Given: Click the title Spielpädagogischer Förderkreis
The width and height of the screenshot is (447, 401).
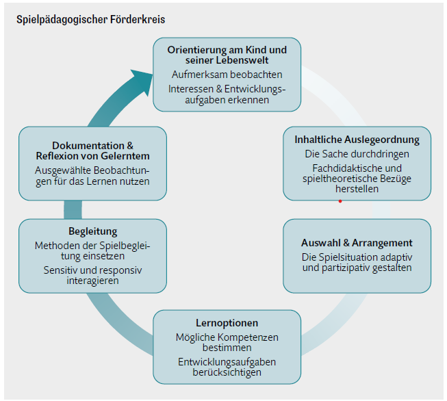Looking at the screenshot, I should (90, 19).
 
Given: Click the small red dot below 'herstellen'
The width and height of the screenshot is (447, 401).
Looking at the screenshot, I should (340, 201).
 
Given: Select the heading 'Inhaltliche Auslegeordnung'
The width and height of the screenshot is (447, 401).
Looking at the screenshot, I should (357, 140).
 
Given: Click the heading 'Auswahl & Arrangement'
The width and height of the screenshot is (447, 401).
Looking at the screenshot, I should (357, 243).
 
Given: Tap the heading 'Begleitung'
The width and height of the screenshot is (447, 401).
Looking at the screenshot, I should (92, 231).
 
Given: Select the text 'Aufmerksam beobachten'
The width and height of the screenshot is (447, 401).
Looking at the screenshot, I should (227, 75).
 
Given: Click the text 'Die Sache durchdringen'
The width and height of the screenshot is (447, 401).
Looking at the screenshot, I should (357, 153).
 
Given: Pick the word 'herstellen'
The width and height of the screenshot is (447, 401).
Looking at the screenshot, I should (357, 189).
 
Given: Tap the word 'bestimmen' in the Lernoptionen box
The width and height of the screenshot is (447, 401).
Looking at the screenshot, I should (227, 348).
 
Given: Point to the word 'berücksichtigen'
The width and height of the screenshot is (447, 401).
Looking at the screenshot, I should (227, 372).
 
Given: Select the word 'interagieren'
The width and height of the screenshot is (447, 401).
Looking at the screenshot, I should (92, 281).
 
